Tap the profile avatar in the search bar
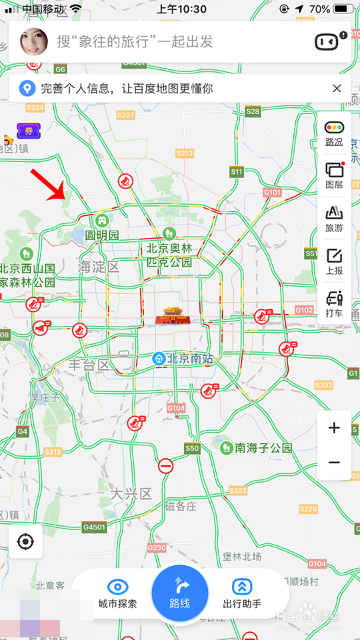click(x=34, y=42)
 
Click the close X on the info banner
click(x=337, y=89)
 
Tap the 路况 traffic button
click(x=334, y=133)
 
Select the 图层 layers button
click(x=334, y=175)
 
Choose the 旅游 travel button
click(x=334, y=218)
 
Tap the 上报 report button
click(x=334, y=261)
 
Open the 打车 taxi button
click(x=334, y=303)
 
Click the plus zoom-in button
click(x=334, y=428)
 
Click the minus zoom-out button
click(x=334, y=463)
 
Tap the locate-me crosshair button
click(x=25, y=541)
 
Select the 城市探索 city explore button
click(x=117, y=593)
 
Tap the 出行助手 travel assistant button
click(x=241, y=593)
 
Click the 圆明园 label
click(x=102, y=235)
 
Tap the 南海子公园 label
click(x=263, y=448)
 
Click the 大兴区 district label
click(x=131, y=494)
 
